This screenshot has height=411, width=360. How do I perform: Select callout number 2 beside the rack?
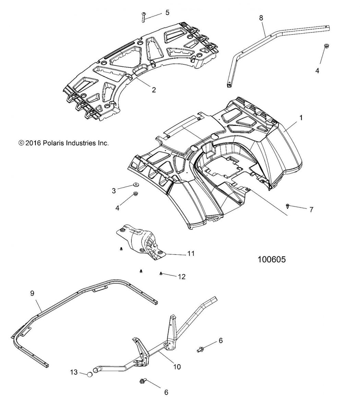[x=154, y=90]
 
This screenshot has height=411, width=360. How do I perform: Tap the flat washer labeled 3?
[x=136, y=185]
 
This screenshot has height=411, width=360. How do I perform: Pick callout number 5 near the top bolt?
[x=167, y=13]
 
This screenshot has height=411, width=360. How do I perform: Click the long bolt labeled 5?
[x=144, y=16]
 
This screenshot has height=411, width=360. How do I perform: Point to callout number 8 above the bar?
[x=261, y=18]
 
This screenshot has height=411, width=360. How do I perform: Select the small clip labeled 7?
[x=287, y=206]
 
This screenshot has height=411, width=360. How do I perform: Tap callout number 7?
[x=311, y=209]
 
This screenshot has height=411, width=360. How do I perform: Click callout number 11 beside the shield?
[x=191, y=253]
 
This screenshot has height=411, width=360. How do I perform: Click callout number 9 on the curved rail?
[x=33, y=293]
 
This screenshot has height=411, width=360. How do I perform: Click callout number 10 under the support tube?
[x=177, y=367]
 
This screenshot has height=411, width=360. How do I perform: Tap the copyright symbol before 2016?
[x=22, y=143]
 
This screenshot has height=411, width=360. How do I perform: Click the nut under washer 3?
[x=136, y=196]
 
